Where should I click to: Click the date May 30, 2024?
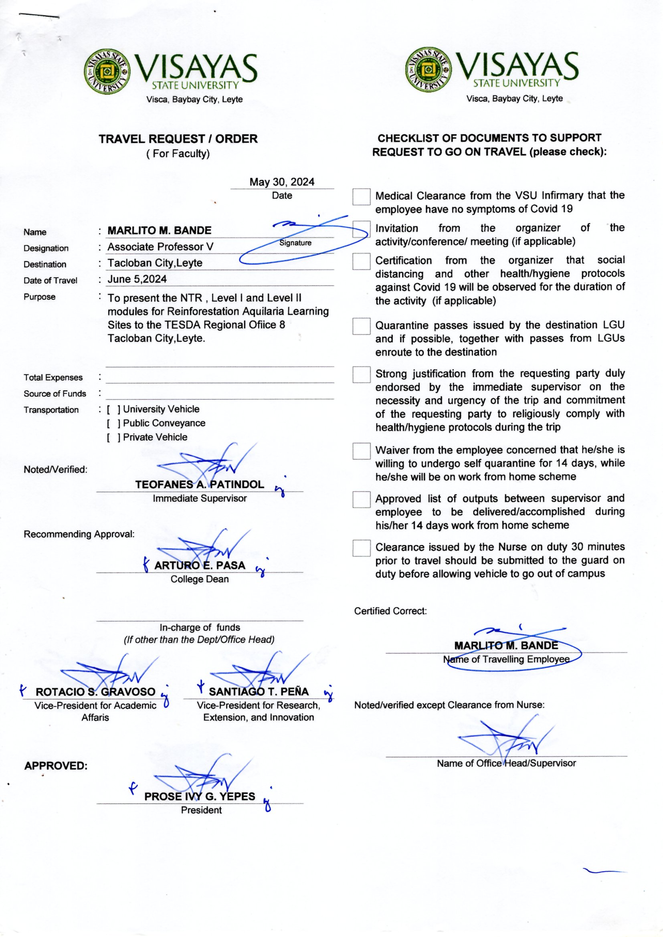282,182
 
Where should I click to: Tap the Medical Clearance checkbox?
361,197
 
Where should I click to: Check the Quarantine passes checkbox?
361,327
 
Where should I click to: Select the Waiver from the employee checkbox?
361,451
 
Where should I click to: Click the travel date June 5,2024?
137,279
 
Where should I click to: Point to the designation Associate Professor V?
160,247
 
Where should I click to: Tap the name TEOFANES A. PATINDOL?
200,485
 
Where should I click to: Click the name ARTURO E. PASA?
200,565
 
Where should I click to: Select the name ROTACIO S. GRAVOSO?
95,692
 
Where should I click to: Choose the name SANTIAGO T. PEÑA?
259,691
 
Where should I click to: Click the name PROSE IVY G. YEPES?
200,796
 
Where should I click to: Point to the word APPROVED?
56,765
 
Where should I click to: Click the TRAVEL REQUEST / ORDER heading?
178,139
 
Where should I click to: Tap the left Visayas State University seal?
107,71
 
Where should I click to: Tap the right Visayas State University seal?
429,70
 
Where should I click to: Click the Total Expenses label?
53,378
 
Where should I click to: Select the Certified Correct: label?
390,611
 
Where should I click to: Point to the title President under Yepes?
201,810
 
